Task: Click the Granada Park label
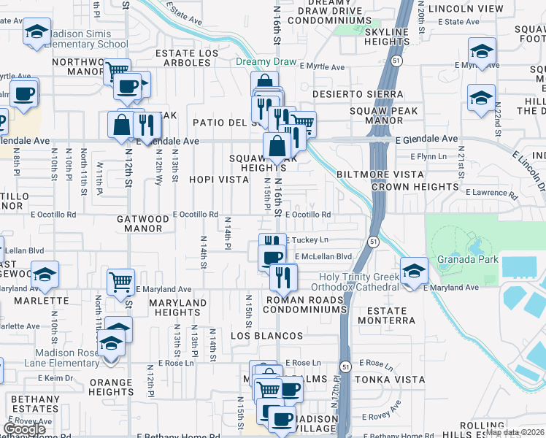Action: click(x=467, y=259)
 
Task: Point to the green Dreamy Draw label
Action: click(x=266, y=62)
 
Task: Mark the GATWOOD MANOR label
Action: click(x=143, y=223)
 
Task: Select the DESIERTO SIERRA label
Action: click(x=357, y=94)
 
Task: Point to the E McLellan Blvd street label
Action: click(x=323, y=256)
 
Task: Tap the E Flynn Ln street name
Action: click(x=428, y=156)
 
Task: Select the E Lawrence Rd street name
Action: click(x=489, y=193)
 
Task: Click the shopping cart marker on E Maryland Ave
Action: click(x=120, y=281)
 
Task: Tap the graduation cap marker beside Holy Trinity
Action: click(x=414, y=272)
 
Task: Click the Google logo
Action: click(x=24, y=429)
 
